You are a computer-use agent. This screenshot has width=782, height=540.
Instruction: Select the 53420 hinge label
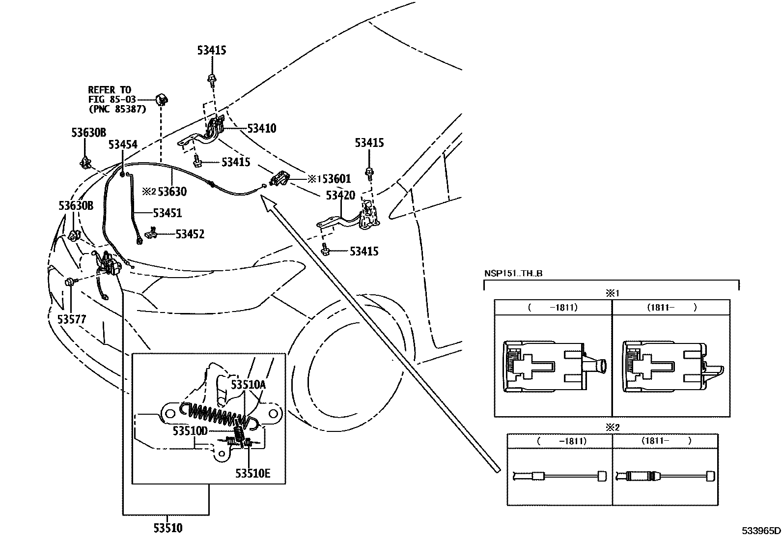(x=340, y=195)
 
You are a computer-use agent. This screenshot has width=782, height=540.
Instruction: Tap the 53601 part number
(x=336, y=179)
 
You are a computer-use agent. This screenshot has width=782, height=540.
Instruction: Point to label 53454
(x=123, y=144)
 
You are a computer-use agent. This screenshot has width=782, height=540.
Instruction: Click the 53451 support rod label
(x=167, y=213)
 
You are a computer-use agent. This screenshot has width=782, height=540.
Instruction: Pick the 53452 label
(x=190, y=234)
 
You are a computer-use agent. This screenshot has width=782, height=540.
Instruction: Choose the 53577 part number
(x=72, y=319)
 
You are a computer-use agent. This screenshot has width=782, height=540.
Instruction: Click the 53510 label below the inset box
(x=167, y=528)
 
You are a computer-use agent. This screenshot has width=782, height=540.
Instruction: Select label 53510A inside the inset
(x=248, y=384)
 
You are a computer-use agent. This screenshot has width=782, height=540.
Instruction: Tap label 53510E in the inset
(x=252, y=473)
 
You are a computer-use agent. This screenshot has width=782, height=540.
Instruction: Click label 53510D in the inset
(x=190, y=431)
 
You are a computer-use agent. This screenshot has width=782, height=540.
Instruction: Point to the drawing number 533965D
(x=760, y=531)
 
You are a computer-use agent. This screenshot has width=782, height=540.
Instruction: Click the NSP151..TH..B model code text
(x=513, y=274)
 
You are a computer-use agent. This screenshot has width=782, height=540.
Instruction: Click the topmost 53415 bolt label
(x=212, y=50)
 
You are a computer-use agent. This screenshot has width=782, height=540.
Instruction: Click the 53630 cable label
(x=171, y=192)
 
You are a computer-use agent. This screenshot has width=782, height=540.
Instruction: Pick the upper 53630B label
(x=88, y=132)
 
